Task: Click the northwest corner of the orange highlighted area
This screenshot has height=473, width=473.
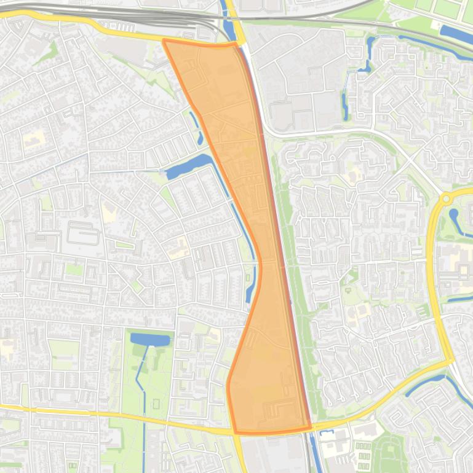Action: [164, 41]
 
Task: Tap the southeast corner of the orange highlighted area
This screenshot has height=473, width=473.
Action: [310, 428]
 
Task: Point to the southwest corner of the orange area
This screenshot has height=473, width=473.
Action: [235, 432]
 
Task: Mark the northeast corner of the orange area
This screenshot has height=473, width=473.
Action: [236, 44]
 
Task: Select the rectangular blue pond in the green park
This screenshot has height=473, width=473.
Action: [150, 339]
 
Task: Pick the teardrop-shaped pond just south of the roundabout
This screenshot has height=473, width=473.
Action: [456, 219]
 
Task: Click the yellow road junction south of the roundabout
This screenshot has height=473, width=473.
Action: [450, 360]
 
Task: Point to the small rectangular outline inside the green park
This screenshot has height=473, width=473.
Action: [156, 404]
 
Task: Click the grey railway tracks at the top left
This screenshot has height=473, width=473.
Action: [123, 14]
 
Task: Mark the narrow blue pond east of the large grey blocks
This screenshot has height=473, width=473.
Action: [345, 104]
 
